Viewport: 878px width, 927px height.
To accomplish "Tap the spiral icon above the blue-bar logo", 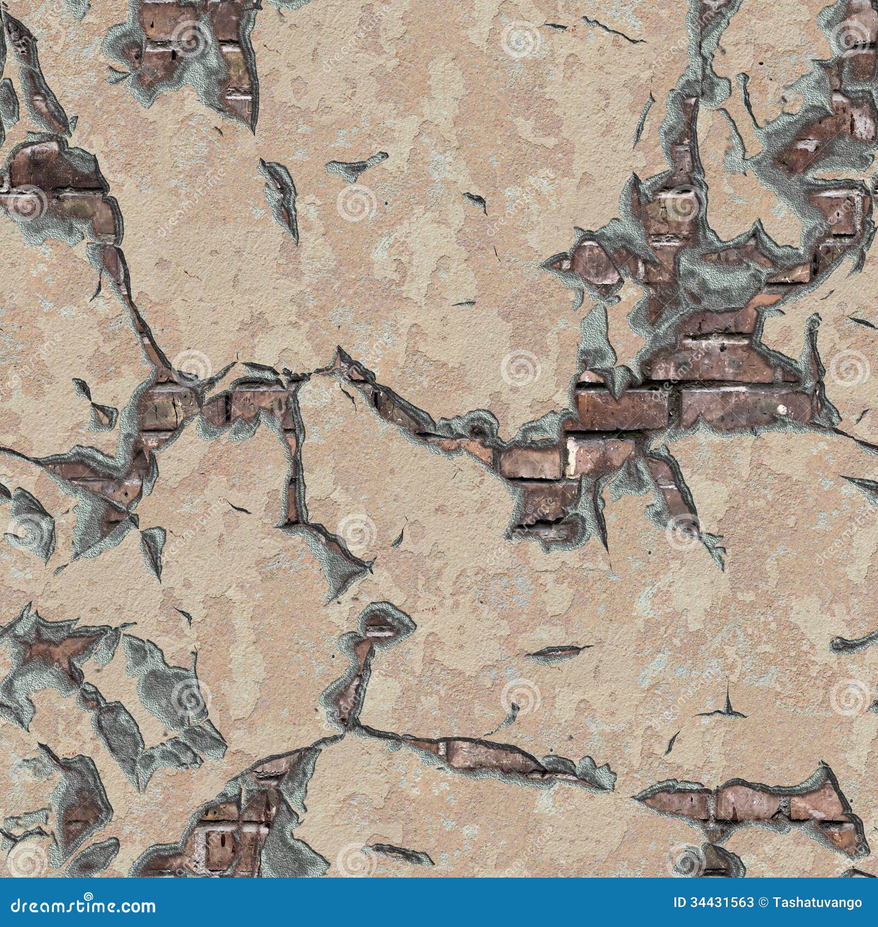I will point(25,864).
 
